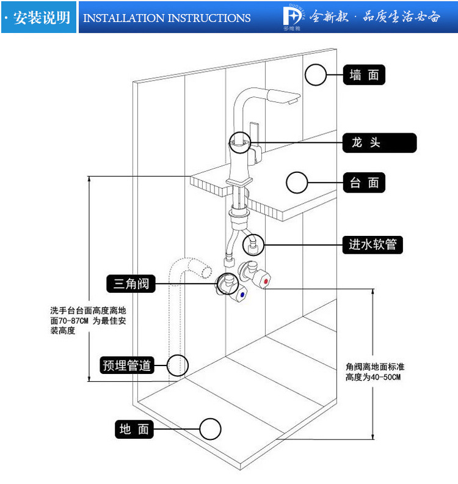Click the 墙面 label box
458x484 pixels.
[365, 75]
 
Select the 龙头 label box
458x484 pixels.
[379, 143]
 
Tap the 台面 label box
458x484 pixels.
[365, 182]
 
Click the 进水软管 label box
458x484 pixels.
[373, 244]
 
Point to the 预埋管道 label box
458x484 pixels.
[126, 365]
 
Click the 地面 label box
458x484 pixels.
[134, 429]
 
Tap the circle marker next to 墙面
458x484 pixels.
[316, 75]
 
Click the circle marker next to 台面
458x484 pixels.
[297, 182]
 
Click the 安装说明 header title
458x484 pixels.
[38, 18]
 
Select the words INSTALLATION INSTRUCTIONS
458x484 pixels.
[167, 18]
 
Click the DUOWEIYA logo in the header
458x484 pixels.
[294, 17]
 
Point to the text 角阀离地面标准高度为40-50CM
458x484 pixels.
[375, 372]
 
